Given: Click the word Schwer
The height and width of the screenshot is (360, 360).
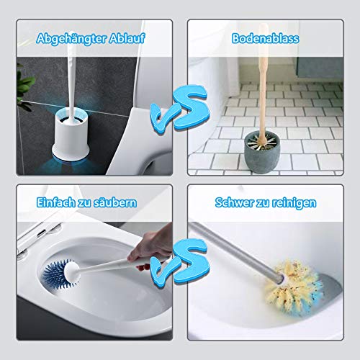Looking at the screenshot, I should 235,202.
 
